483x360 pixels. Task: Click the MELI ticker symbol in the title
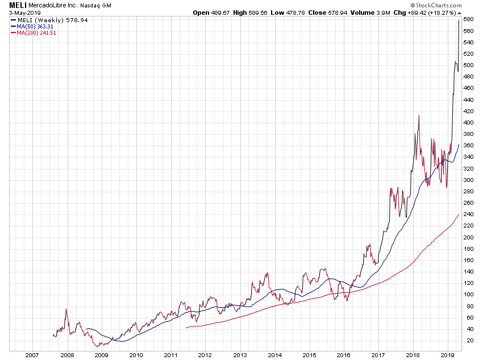[18, 5]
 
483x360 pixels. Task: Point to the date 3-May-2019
[22, 13]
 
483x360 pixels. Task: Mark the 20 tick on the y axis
[467, 340]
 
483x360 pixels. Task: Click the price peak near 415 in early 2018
[419, 115]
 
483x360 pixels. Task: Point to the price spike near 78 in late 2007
[66, 309]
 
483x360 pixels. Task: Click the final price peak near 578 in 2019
[459, 20]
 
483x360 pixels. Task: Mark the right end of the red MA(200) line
[459, 214]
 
